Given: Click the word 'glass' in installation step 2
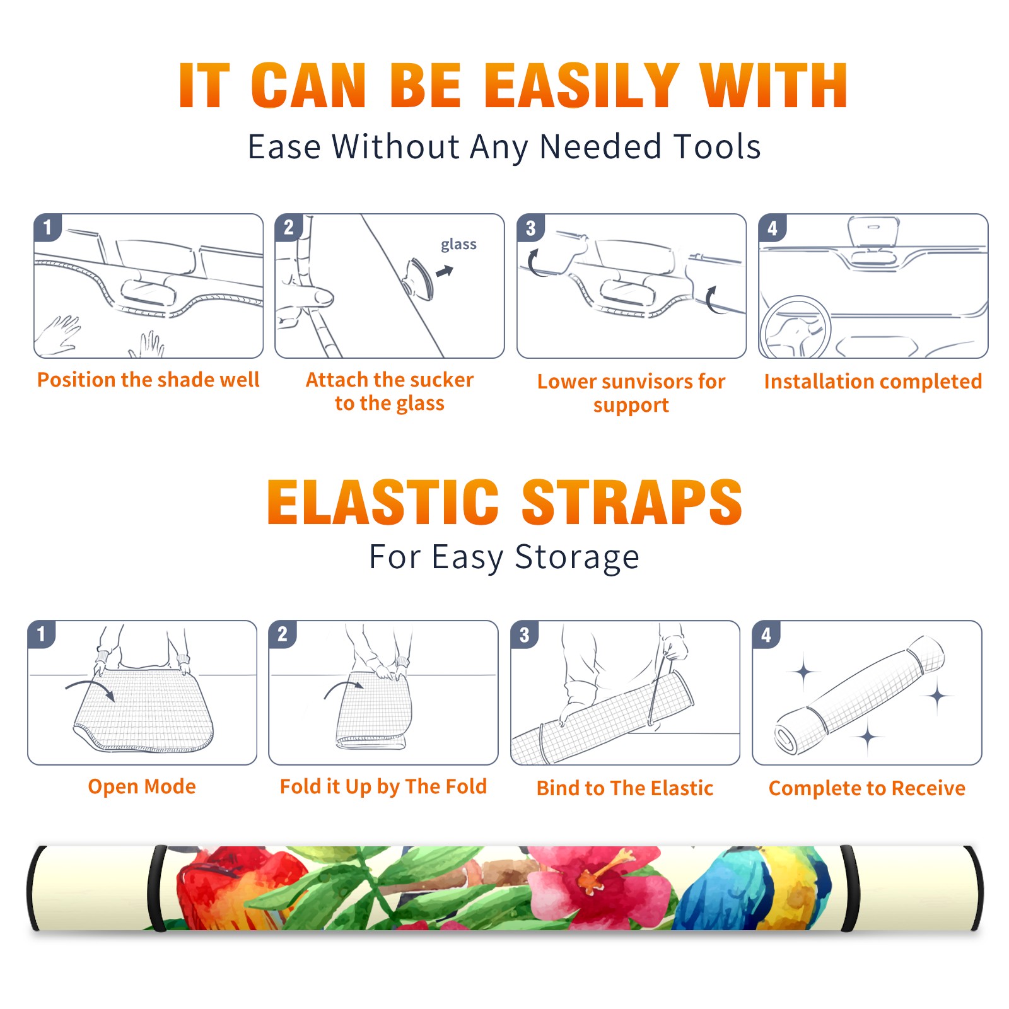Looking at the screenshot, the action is pyautogui.click(x=458, y=245).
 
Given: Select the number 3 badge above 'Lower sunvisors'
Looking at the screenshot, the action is pyautogui.click(x=530, y=228).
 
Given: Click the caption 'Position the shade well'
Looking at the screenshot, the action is pyautogui.click(x=148, y=380).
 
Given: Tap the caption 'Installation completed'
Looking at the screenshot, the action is pyautogui.click(x=873, y=381).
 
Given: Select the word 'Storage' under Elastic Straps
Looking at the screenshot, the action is pyautogui.click(x=577, y=557).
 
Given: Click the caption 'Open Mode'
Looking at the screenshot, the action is pyautogui.click(x=142, y=786).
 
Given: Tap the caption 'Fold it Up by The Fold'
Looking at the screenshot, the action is pyautogui.click(x=383, y=786).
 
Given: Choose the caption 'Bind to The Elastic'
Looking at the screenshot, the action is pyautogui.click(x=625, y=788).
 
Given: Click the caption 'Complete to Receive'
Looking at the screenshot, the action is pyautogui.click(x=867, y=788).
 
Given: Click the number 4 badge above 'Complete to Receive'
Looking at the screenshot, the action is pyautogui.click(x=766, y=634).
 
